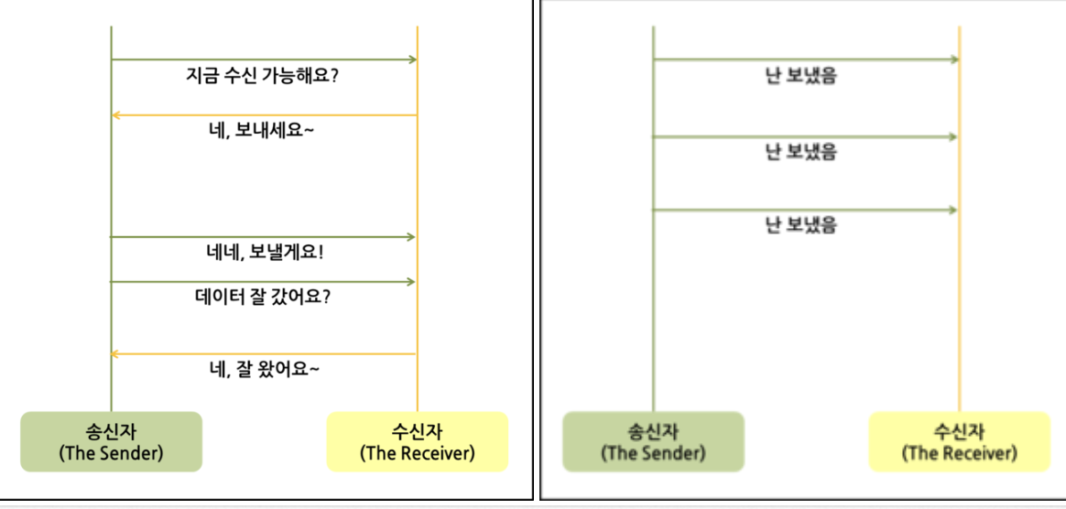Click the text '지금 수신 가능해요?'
pyautogui.click(x=263, y=76)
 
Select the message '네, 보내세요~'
pyautogui.click(x=263, y=130)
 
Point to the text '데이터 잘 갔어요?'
pyautogui.click(x=263, y=297)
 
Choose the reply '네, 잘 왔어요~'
pyautogui.click(x=264, y=369)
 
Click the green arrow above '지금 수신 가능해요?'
pyautogui.click(x=264, y=60)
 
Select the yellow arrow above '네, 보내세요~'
pyautogui.click(x=264, y=115)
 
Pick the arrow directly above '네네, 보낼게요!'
pyautogui.click(x=264, y=237)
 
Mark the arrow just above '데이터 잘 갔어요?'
pyautogui.click(x=264, y=281)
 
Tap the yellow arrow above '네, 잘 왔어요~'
pyautogui.click(x=264, y=353)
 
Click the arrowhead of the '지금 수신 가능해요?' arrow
pyautogui.click(x=412, y=60)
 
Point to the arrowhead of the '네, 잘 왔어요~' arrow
pyautogui.click(x=116, y=353)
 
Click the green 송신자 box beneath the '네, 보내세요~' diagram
pyautogui.click(x=111, y=441)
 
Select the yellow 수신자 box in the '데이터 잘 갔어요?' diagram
pyautogui.click(x=418, y=441)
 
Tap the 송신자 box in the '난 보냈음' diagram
pyautogui.click(x=653, y=441)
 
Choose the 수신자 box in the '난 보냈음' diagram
pyautogui.click(x=959, y=441)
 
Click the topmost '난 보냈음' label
pyautogui.click(x=801, y=77)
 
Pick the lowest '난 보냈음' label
pyautogui.click(x=801, y=225)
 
